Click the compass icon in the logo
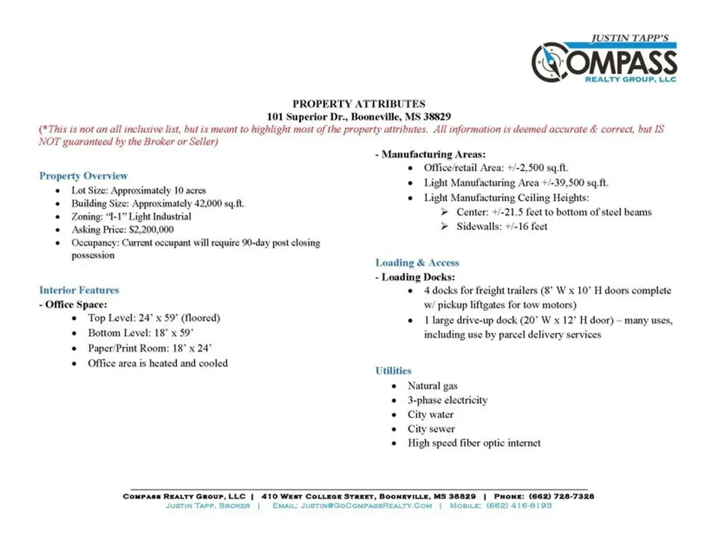coord(549,62)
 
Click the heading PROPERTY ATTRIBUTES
coord(358,104)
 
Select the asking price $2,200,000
coord(151,229)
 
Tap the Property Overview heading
coord(83,176)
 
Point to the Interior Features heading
coord(79,290)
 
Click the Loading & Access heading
coord(417,263)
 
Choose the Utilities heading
coord(393,371)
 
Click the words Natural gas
coord(433,386)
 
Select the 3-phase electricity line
coord(448,400)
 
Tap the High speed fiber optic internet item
coord(474,443)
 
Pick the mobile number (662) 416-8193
coord(519,505)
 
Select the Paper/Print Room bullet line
coord(150,348)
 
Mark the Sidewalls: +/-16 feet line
coord(501,226)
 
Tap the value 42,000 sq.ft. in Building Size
coord(218,203)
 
